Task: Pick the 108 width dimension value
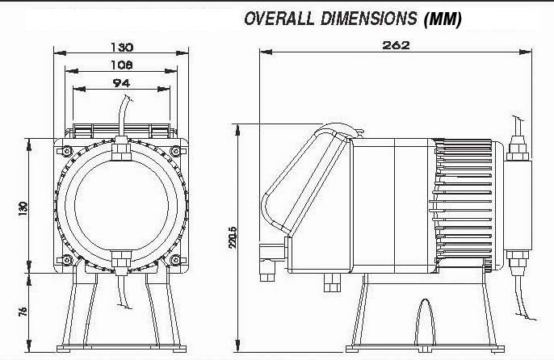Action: (122, 64)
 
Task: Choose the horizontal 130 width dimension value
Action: (122, 48)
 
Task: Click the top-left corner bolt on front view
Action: (66, 151)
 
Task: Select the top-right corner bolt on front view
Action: (175, 151)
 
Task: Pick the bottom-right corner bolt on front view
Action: (175, 260)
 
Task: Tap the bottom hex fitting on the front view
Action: (121, 261)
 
